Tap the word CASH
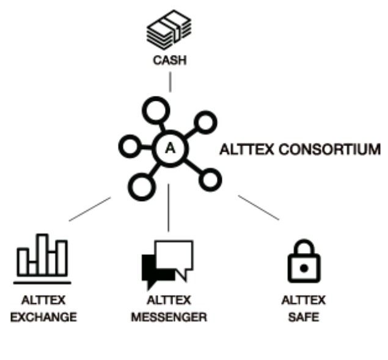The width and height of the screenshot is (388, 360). [x=169, y=61]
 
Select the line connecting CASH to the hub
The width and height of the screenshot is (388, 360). [x=169, y=81]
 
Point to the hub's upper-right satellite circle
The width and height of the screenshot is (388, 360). [x=206, y=122]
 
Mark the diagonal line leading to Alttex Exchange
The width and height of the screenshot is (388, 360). [x=90, y=209]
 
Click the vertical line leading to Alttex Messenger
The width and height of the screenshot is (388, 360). [x=169, y=208]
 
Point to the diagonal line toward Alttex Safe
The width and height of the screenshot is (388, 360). [x=258, y=208]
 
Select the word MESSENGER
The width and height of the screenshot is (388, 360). [x=169, y=317]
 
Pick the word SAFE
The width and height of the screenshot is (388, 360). [x=303, y=317]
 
